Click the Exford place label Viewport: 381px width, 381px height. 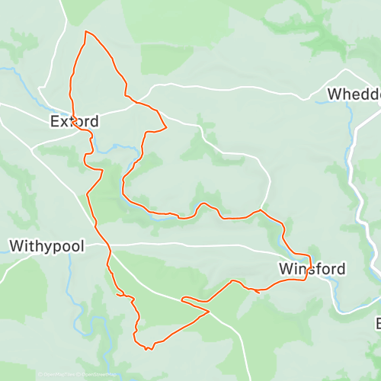point(74,121)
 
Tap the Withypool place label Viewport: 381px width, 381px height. point(46,247)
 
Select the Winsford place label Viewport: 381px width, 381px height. point(312,269)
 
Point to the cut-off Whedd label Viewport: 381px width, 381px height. point(354,94)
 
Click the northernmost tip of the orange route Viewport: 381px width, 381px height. point(86,31)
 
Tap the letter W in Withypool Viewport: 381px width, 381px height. point(16,247)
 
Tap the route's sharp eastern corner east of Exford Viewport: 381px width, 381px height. point(166,126)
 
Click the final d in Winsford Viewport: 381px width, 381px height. point(340,269)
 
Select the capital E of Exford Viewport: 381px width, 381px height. point(55,121)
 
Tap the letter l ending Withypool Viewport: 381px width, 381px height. point(81,247)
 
